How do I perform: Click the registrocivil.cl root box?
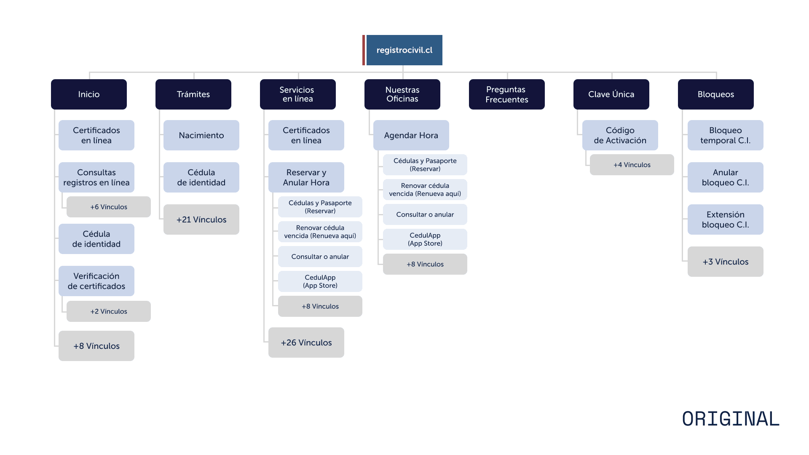(x=404, y=50)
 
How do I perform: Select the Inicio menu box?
(x=89, y=94)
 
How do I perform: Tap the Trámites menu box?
(x=193, y=94)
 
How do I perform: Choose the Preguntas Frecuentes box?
(x=506, y=94)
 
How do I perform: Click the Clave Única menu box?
(x=611, y=94)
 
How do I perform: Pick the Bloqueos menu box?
(x=715, y=94)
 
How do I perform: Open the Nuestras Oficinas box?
(x=402, y=94)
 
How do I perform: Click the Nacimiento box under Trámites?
(x=201, y=135)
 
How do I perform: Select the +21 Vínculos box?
(x=201, y=219)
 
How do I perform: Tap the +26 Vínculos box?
(x=306, y=343)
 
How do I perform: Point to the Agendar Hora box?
(x=411, y=135)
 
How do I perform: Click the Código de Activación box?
(x=620, y=135)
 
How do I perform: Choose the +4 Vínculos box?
(x=632, y=165)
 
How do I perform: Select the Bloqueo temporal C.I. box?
(x=725, y=135)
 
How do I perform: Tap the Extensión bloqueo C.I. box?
(x=725, y=219)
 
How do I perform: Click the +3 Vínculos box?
(x=725, y=262)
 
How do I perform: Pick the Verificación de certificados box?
(x=96, y=281)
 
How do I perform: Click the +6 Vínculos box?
(x=109, y=207)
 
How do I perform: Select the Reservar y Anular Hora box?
(x=306, y=177)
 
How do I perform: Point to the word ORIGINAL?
(x=731, y=419)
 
